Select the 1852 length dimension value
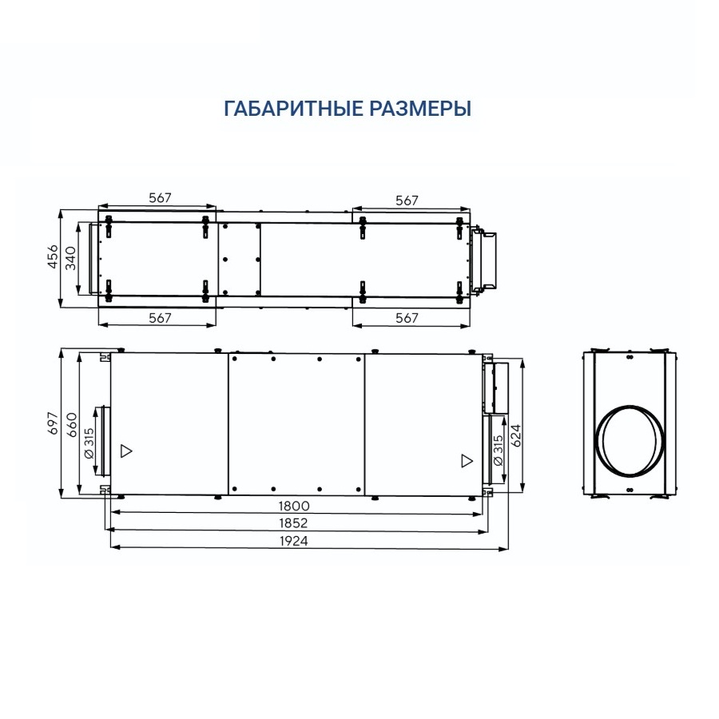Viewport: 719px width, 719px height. pos(296,523)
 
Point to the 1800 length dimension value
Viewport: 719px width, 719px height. pos(295,506)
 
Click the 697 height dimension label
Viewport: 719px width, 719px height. pos(54,424)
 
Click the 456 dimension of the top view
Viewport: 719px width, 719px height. pos(53,258)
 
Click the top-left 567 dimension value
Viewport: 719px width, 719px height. pos(161,198)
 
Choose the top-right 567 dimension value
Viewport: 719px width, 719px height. pos(407,201)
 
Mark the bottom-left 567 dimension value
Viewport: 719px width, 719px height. pos(161,318)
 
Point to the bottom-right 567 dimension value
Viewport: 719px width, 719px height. pos(407,318)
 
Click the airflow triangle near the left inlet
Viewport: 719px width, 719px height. pos(125,450)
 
